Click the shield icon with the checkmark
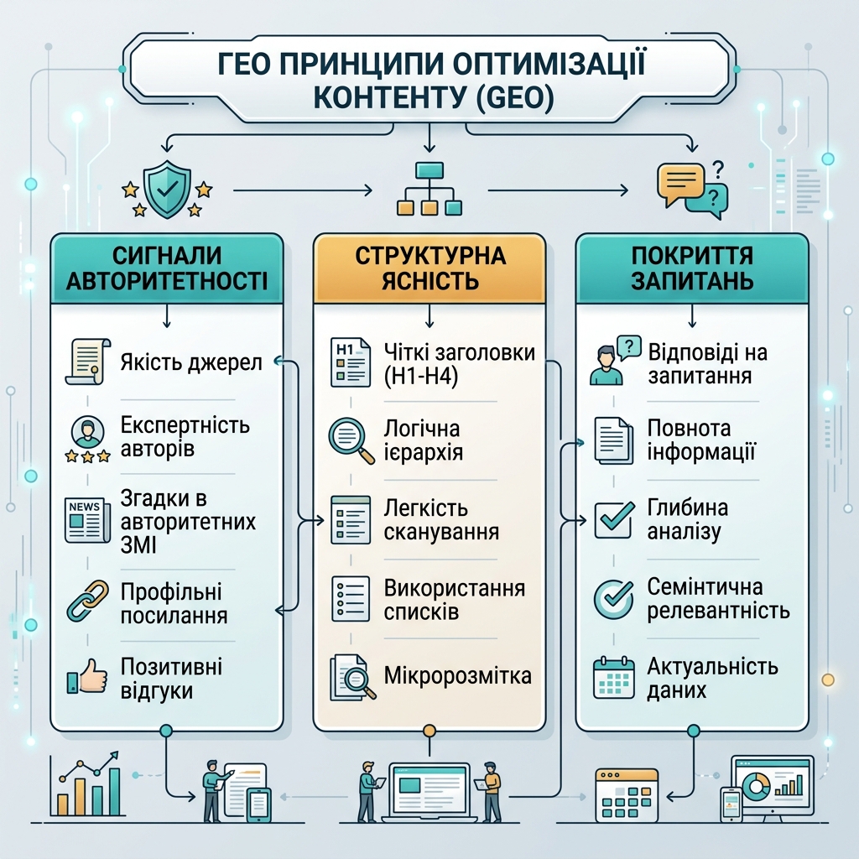(x=167, y=190)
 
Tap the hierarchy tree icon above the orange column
(x=429, y=188)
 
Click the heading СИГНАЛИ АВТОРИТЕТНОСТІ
(x=167, y=268)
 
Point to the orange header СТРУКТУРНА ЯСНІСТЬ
(x=429, y=268)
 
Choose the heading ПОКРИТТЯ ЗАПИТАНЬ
(x=692, y=268)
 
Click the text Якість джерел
(x=191, y=362)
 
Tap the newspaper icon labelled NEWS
(x=83, y=520)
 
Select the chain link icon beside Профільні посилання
(x=87, y=601)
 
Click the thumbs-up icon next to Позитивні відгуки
(x=87, y=676)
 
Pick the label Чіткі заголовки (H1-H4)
(x=459, y=364)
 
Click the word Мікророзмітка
(x=457, y=675)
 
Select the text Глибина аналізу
(x=688, y=519)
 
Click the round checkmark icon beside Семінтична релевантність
(x=613, y=599)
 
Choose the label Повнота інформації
(x=701, y=440)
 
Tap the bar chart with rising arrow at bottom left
(x=86, y=783)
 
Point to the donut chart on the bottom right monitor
(x=757, y=786)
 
